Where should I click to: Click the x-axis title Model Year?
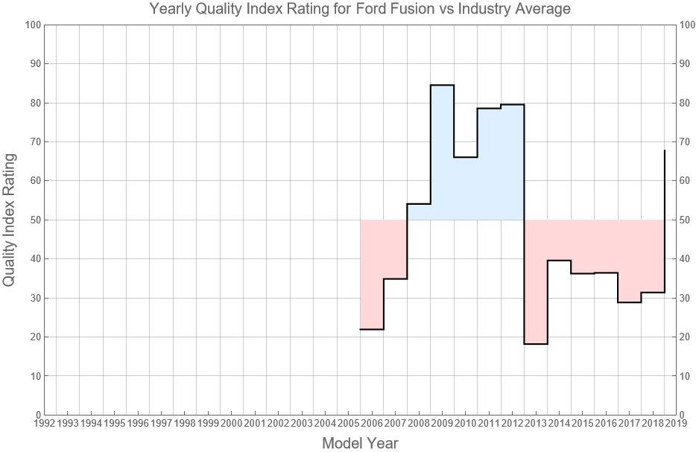[360, 443]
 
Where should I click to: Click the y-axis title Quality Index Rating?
[10, 220]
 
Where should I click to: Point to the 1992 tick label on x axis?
[44, 423]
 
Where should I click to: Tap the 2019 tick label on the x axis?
[676, 423]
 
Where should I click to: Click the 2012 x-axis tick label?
[512, 423]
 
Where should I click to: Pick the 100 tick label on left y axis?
[31, 25]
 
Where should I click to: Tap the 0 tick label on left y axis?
[37, 415]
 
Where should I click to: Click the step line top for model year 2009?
[442, 85]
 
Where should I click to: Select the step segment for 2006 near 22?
[372, 329]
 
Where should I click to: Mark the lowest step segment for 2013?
[536, 344]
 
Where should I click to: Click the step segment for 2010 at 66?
[465, 157]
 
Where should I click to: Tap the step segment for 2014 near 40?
[559, 261]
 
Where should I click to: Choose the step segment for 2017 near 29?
[629, 302]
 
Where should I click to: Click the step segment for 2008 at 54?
[419, 203]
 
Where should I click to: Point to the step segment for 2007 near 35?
[395, 278]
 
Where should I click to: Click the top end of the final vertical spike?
[664, 150]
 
